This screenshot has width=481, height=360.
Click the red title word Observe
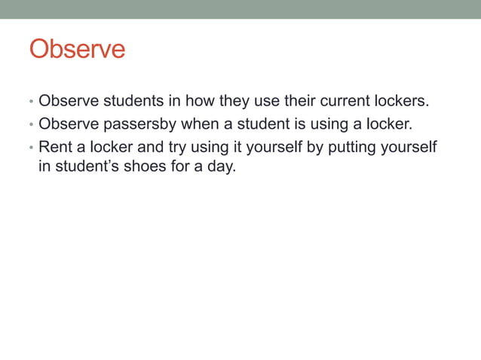tap(77, 50)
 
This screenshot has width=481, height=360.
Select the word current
tap(337, 102)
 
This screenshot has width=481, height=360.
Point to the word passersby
tap(133, 124)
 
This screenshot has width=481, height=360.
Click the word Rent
tap(54, 146)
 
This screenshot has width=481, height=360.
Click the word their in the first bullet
tap(283, 102)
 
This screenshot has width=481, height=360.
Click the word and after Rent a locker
tap(149, 146)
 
